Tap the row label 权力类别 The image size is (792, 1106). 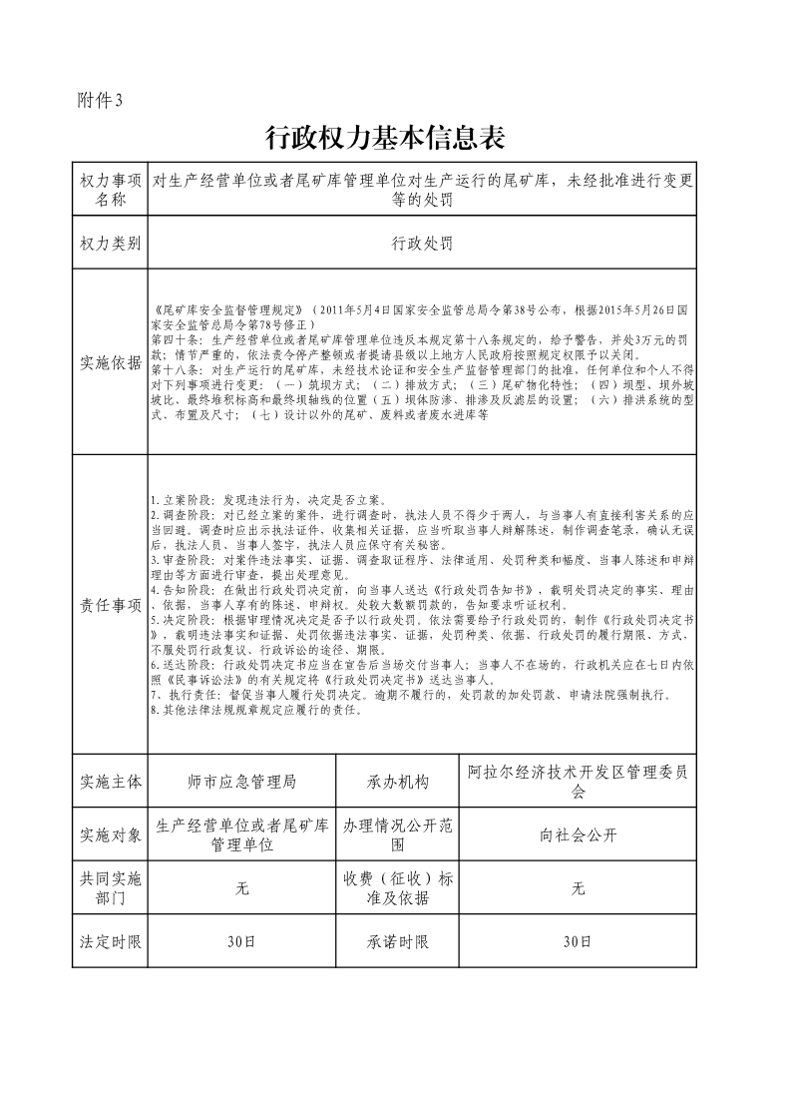[x=111, y=243]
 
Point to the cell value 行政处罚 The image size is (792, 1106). [x=422, y=243]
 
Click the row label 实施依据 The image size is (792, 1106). [x=111, y=361]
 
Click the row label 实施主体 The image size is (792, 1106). [x=111, y=781]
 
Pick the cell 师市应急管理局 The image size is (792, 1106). [x=241, y=781]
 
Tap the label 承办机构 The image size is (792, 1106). [x=398, y=781]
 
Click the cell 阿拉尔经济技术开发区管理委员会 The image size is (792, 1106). [x=577, y=781]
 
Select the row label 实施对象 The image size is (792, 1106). [x=111, y=834]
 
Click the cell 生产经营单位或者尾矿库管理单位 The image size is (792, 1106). [x=241, y=834]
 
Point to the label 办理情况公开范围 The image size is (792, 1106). [x=398, y=834]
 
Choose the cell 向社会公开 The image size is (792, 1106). [x=577, y=834]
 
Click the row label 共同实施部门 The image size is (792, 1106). [x=111, y=888]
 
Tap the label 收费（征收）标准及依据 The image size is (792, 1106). [x=398, y=888]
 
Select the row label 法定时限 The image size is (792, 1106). [x=111, y=941]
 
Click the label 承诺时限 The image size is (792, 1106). [x=398, y=941]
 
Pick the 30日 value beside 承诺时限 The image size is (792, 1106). [x=577, y=941]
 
